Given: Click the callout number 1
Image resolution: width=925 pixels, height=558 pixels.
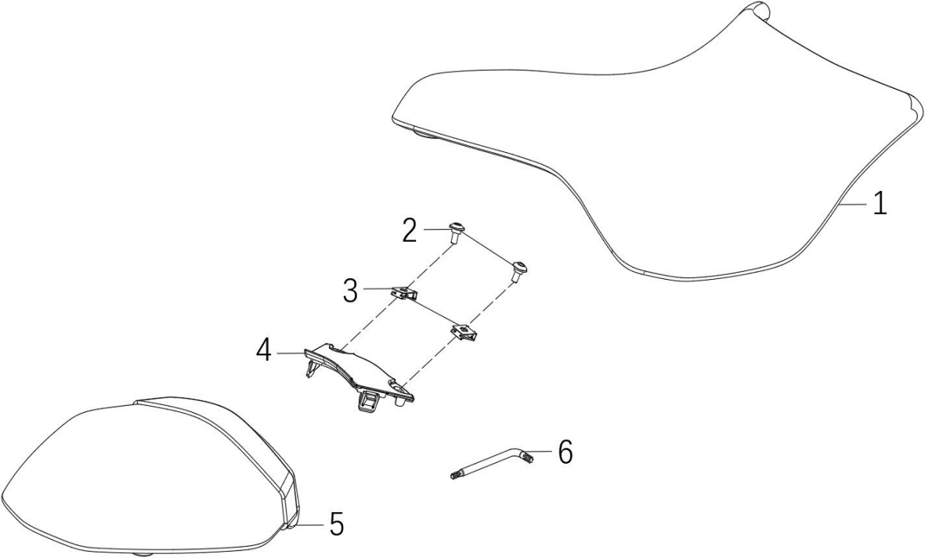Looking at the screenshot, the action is click(880, 204).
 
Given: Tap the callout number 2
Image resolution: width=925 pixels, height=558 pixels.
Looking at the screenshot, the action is click(410, 231).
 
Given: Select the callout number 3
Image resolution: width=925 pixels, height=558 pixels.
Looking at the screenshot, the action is click(350, 292).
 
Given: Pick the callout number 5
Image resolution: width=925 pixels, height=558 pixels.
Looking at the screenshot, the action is click(336, 524).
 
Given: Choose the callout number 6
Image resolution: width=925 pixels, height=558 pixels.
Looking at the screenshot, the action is click(565, 453).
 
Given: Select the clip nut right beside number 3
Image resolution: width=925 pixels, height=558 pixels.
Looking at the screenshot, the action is click(404, 292).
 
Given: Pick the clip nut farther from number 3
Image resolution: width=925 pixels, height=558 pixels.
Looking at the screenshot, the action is click(464, 331).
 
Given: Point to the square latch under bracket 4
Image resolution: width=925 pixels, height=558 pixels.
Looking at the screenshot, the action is click(368, 402).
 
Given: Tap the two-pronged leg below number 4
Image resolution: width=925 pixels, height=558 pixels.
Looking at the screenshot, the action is click(311, 368).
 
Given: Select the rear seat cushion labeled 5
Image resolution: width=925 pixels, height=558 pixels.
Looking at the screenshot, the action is click(147, 472).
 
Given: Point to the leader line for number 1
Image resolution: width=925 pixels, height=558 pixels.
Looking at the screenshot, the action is click(854, 204).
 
